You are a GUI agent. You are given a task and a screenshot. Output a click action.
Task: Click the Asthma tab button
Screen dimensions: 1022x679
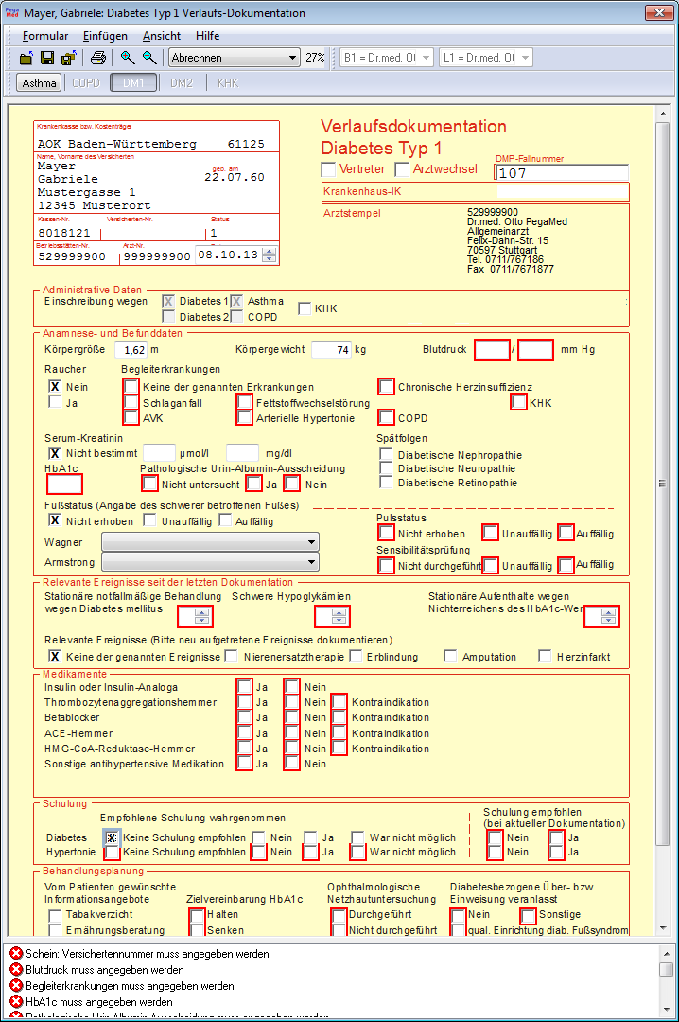tap(39, 83)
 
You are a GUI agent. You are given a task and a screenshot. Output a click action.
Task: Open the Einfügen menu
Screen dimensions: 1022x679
tap(105, 36)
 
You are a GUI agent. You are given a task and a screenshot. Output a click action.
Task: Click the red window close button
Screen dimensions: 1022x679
tap(658, 13)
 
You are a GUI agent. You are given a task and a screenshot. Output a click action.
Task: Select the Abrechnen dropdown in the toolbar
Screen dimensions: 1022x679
tap(234, 58)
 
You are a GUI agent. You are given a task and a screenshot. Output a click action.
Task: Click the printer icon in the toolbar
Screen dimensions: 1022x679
tap(98, 58)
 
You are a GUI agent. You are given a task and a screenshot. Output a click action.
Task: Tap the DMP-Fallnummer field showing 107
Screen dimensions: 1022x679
tap(561, 173)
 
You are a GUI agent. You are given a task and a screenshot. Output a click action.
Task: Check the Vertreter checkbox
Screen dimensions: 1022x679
tap(328, 169)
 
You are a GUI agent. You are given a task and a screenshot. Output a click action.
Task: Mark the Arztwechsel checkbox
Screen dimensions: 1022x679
tap(402, 169)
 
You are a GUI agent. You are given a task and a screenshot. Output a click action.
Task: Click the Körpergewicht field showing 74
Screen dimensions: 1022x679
tap(331, 349)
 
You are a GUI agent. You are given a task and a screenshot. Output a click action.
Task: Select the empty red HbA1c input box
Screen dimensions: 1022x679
tap(64, 484)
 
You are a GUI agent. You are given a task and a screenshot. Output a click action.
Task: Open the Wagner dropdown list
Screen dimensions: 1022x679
tap(209, 542)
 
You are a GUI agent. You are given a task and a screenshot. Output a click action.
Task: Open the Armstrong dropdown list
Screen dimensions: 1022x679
tap(209, 563)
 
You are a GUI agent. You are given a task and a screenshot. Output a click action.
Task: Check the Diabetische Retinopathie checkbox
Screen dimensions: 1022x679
tap(386, 483)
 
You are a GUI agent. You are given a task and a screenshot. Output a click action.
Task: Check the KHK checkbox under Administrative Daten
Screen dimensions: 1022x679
tap(305, 308)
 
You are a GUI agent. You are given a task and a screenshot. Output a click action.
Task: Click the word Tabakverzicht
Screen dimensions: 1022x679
tap(99, 915)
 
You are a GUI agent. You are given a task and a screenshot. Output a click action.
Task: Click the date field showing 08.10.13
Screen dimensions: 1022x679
tap(226, 255)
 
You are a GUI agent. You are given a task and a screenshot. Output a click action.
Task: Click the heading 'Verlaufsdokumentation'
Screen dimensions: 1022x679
tap(413, 127)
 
